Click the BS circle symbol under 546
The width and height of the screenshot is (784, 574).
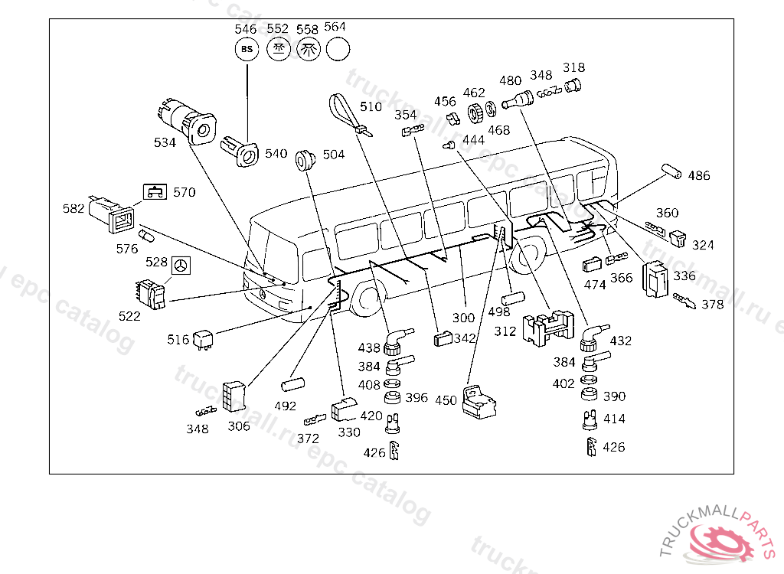coord(247,49)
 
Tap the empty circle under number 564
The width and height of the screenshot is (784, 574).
coord(338,49)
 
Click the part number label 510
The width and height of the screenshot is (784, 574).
coord(371,106)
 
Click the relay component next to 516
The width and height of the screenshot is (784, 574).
coord(203,339)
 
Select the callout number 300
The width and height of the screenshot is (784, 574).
coord(463,318)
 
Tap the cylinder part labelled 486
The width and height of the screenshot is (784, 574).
coord(671,171)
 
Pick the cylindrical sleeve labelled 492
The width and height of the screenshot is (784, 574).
coord(293,385)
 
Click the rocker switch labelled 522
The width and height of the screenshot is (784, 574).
coord(151,295)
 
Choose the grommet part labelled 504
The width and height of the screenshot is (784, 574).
coord(305,159)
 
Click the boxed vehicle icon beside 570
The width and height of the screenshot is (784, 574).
coord(155,192)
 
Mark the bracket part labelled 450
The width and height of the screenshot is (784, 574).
coord(479,401)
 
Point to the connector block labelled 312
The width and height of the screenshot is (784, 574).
coord(548,327)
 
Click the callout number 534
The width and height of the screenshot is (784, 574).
coord(165,142)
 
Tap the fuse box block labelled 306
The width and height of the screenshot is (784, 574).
coord(234,397)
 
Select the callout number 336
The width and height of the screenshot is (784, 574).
coord(684,276)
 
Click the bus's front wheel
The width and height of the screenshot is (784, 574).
coord(369,298)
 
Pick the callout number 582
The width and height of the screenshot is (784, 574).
coord(73,208)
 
